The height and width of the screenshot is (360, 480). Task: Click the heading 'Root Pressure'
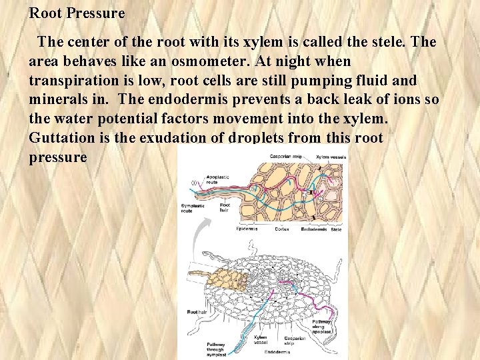coord(77,13)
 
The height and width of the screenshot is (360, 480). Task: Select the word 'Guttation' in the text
coord(61,138)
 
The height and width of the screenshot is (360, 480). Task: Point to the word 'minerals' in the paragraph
coord(59,100)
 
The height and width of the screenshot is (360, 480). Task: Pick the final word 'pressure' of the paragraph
coord(58,157)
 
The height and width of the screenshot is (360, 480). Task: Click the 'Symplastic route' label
coord(193,209)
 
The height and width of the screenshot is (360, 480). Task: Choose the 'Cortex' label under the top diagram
coord(282,229)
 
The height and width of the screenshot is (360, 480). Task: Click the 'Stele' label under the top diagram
coord(336,229)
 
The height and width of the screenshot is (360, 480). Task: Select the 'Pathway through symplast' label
coord(215,349)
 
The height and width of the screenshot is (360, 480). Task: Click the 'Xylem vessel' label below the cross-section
coord(261,341)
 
